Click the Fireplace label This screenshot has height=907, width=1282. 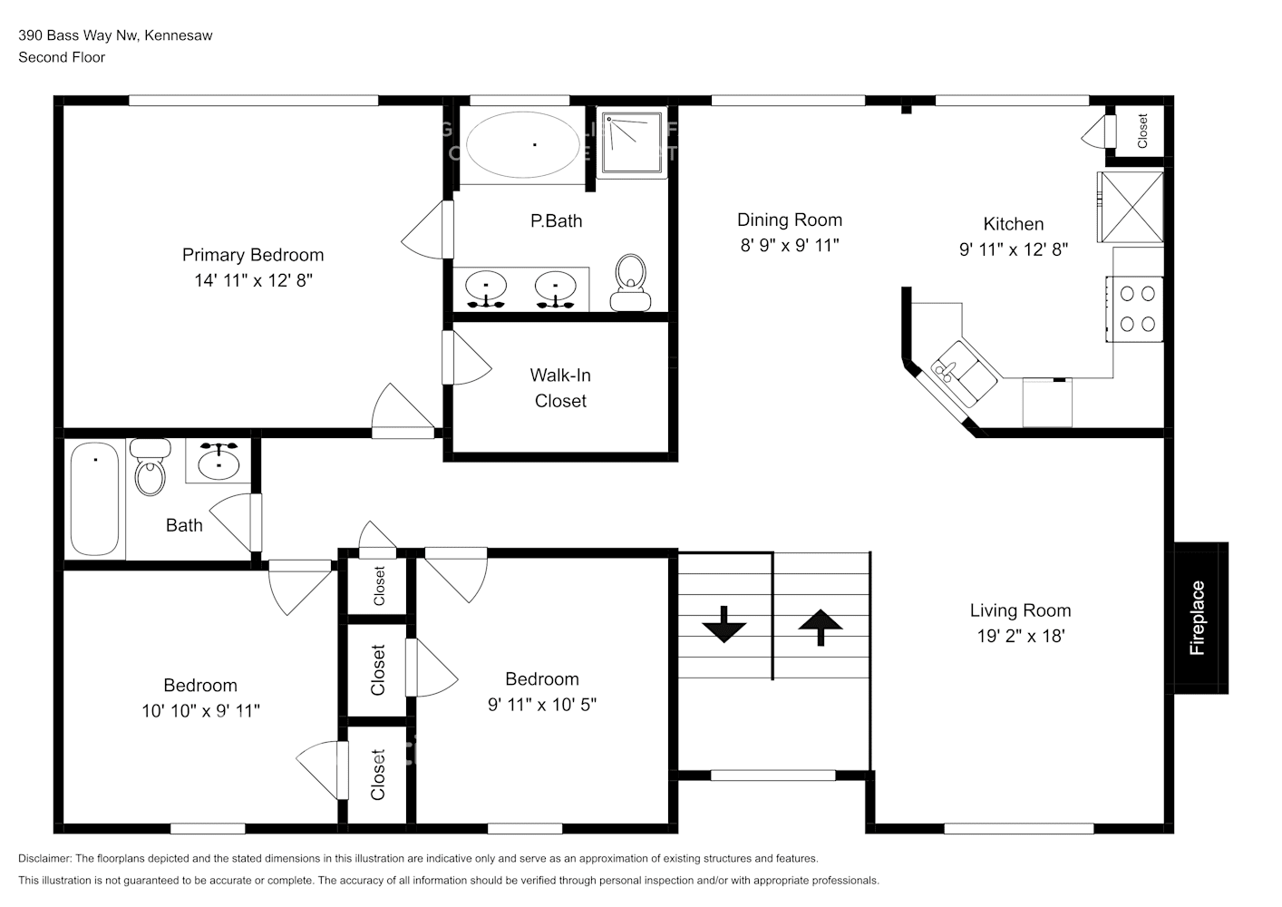[1198, 619]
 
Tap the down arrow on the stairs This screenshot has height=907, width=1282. [724, 625]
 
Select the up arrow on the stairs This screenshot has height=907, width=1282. [821, 627]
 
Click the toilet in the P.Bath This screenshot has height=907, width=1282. [629, 281]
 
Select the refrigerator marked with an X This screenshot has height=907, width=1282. [1131, 207]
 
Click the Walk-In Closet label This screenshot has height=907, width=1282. [560, 388]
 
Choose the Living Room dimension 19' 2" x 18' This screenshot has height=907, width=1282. [1020, 636]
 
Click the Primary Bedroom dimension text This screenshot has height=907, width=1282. [253, 280]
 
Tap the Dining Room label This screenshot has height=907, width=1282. [789, 219]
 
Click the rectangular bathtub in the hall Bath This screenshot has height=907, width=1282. [95, 498]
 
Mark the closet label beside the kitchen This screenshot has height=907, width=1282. [1142, 131]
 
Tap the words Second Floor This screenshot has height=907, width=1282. [62, 57]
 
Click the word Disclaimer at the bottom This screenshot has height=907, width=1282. [44, 858]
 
